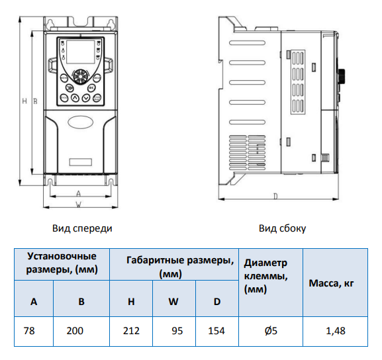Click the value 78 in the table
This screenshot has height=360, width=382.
pyautogui.click(x=29, y=331)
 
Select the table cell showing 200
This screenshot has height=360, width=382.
pyautogui.click(x=75, y=331)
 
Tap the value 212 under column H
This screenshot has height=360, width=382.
pyautogui.click(x=131, y=331)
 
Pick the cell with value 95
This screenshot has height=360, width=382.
pyautogui.click(x=177, y=331)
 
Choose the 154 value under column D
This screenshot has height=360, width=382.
pyautogui.click(x=216, y=331)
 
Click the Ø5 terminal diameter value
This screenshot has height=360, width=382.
pyautogui.click(x=271, y=331)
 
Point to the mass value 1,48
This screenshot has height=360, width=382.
pyautogui.click(x=336, y=331)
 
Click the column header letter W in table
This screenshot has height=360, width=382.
pyautogui.click(x=173, y=302)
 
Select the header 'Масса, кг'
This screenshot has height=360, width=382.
pyautogui.click(x=331, y=283)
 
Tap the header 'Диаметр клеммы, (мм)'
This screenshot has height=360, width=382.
pyautogui.click(x=265, y=276)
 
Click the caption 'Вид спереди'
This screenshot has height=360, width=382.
pyautogui.click(x=82, y=228)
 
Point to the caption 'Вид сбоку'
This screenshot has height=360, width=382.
pyautogui.click(x=282, y=228)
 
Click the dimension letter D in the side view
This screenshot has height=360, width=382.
pyautogui.click(x=275, y=196)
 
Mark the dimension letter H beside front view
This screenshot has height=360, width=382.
pyautogui.click(x=24, y=101)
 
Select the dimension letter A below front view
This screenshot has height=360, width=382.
pyautogui.click(x=78, y=193)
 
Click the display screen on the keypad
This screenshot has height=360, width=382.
pyautogui.click(x=80, y=52)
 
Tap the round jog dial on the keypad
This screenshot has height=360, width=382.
pyautogui.click(x=80, y=77)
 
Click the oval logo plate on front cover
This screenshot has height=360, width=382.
pyautogui.click(x=80, y=122)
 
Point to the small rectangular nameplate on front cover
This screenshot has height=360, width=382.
pyautogui.click(x=81, y=162)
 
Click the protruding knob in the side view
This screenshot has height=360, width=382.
pyautogui.click(x=342, y=77)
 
